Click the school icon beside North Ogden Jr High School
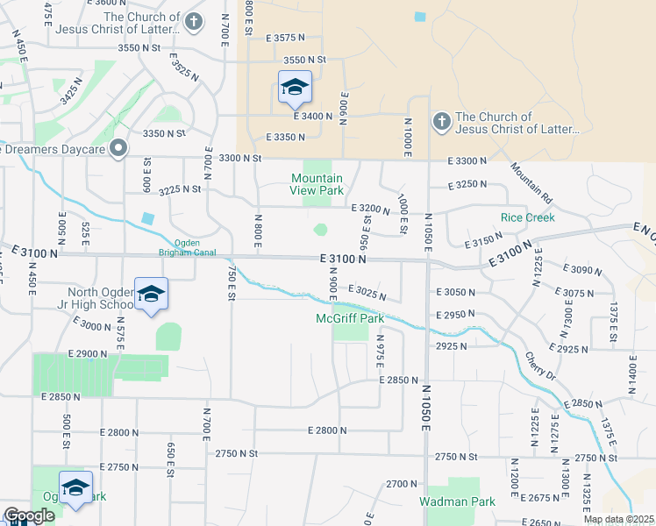tap(151, 294)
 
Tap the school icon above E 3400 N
tap(296, 86)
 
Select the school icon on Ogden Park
tap(76, 487)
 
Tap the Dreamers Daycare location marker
tap(123, 148)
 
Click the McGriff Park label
tap(350, 319)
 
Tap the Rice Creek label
tap(527, 217)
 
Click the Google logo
tap(29, 516)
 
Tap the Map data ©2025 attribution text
tap(617, 519)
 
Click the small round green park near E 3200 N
tap(320, 230)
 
